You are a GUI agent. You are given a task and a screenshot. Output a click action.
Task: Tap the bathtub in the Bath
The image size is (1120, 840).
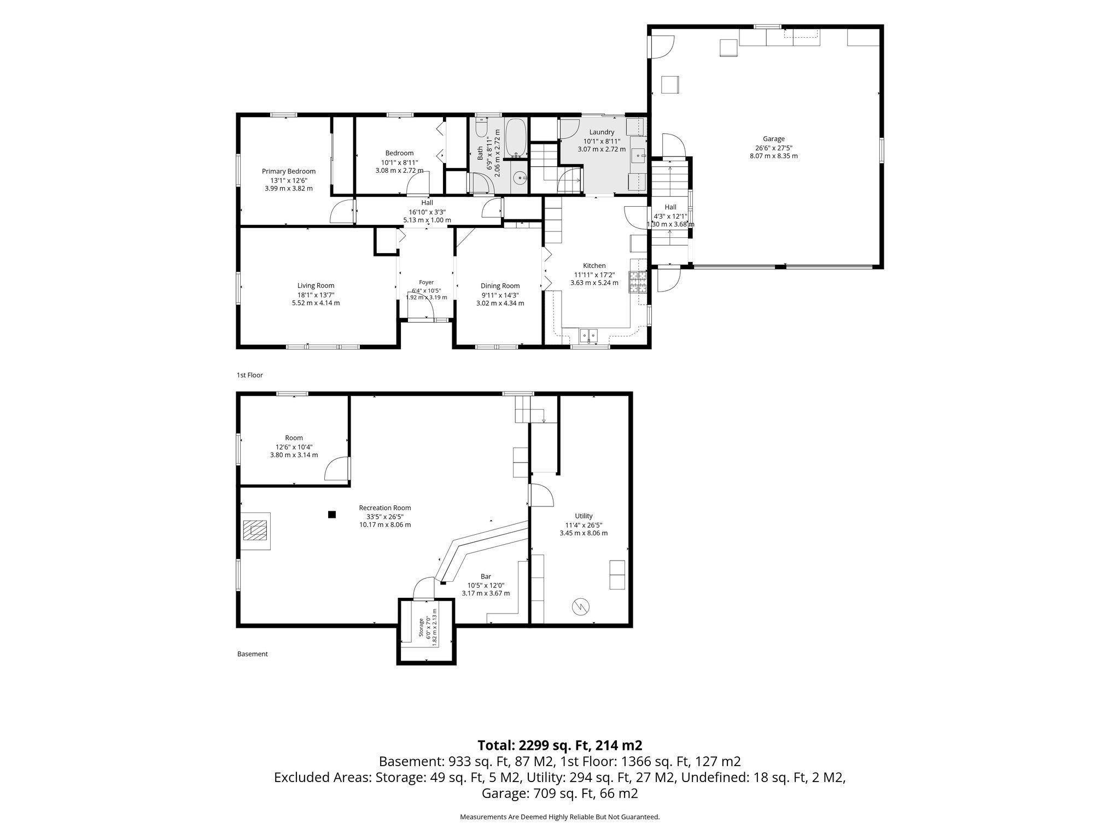(516, 139)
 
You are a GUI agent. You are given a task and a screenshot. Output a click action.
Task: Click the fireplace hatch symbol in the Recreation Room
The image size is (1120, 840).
(255, 530)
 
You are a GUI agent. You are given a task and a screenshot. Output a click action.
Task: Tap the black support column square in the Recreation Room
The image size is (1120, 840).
(331, 514)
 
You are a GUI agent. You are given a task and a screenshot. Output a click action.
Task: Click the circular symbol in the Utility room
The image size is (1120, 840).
(580, 606)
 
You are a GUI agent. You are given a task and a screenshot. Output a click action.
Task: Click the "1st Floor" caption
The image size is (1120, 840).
(249, 375)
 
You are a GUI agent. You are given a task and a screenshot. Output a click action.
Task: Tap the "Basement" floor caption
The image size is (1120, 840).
(253, 654)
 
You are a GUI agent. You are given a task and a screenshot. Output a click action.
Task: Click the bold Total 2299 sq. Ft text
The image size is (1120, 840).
(560, 745)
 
